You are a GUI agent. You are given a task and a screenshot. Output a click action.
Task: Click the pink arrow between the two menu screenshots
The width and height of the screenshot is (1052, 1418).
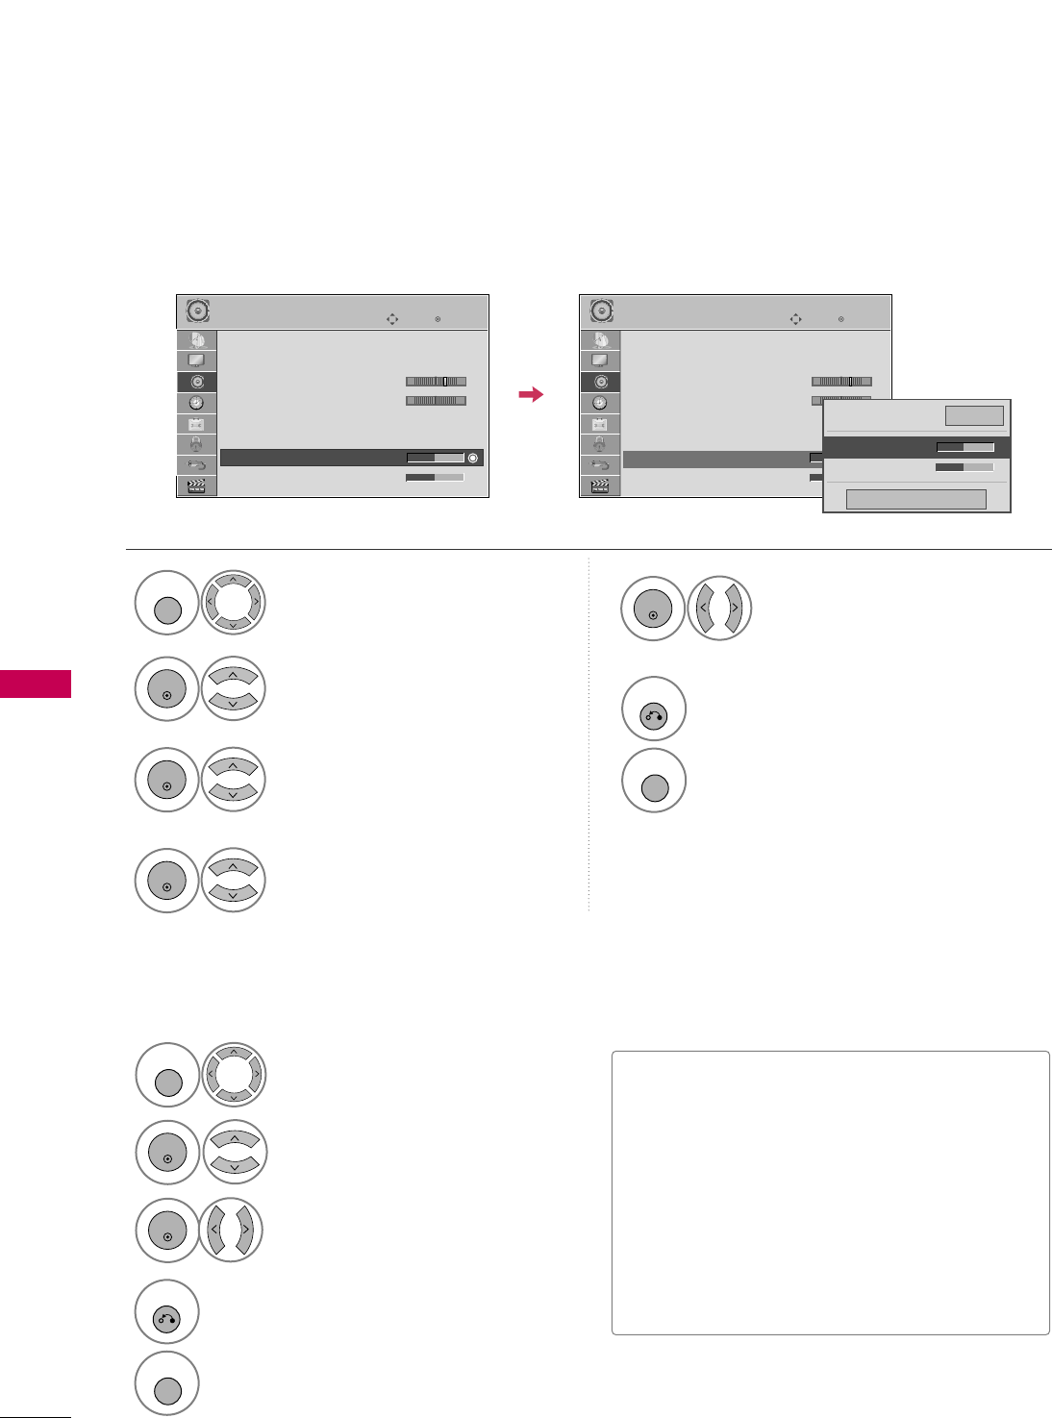pos(530,394)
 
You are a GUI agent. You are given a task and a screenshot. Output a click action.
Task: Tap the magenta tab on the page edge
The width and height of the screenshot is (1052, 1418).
pos(36,684)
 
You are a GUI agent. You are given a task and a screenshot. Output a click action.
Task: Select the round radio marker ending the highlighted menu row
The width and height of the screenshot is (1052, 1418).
pos(472,458)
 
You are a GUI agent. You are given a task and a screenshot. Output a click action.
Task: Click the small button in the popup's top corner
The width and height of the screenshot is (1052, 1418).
pos(974,415)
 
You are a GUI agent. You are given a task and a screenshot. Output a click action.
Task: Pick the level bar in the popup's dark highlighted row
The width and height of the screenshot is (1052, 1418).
pos(964,447)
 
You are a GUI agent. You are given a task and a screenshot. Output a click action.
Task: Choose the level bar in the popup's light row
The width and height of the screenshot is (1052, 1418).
pos(964,467)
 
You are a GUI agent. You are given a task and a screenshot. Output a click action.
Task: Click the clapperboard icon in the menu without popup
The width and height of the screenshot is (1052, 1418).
pos(196,485)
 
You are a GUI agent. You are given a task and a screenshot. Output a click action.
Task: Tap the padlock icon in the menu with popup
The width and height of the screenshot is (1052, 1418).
pos(600,444)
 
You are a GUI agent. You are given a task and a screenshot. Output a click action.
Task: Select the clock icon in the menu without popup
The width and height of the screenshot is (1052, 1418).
pos(196,403)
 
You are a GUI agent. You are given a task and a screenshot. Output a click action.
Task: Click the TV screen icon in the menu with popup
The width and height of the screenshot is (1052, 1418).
pos(600,361)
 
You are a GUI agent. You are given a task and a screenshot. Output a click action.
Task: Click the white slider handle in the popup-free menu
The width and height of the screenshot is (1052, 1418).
pos(444,382)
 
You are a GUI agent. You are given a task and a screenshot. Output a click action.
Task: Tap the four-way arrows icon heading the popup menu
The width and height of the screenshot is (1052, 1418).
pos(795,319)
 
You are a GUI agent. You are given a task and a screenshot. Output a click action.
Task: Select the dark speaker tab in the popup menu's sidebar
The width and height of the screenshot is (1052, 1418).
pos(600,382)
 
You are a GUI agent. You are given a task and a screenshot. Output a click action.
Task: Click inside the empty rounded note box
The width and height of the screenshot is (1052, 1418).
pos(830,1192)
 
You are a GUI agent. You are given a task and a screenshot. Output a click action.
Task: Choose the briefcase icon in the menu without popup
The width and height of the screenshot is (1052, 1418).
pos(196,424)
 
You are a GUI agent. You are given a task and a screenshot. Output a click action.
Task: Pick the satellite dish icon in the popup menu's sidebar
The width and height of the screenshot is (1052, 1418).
pos(600,340)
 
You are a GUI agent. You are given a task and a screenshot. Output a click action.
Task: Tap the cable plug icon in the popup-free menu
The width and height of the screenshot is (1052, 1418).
pos(196,465)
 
